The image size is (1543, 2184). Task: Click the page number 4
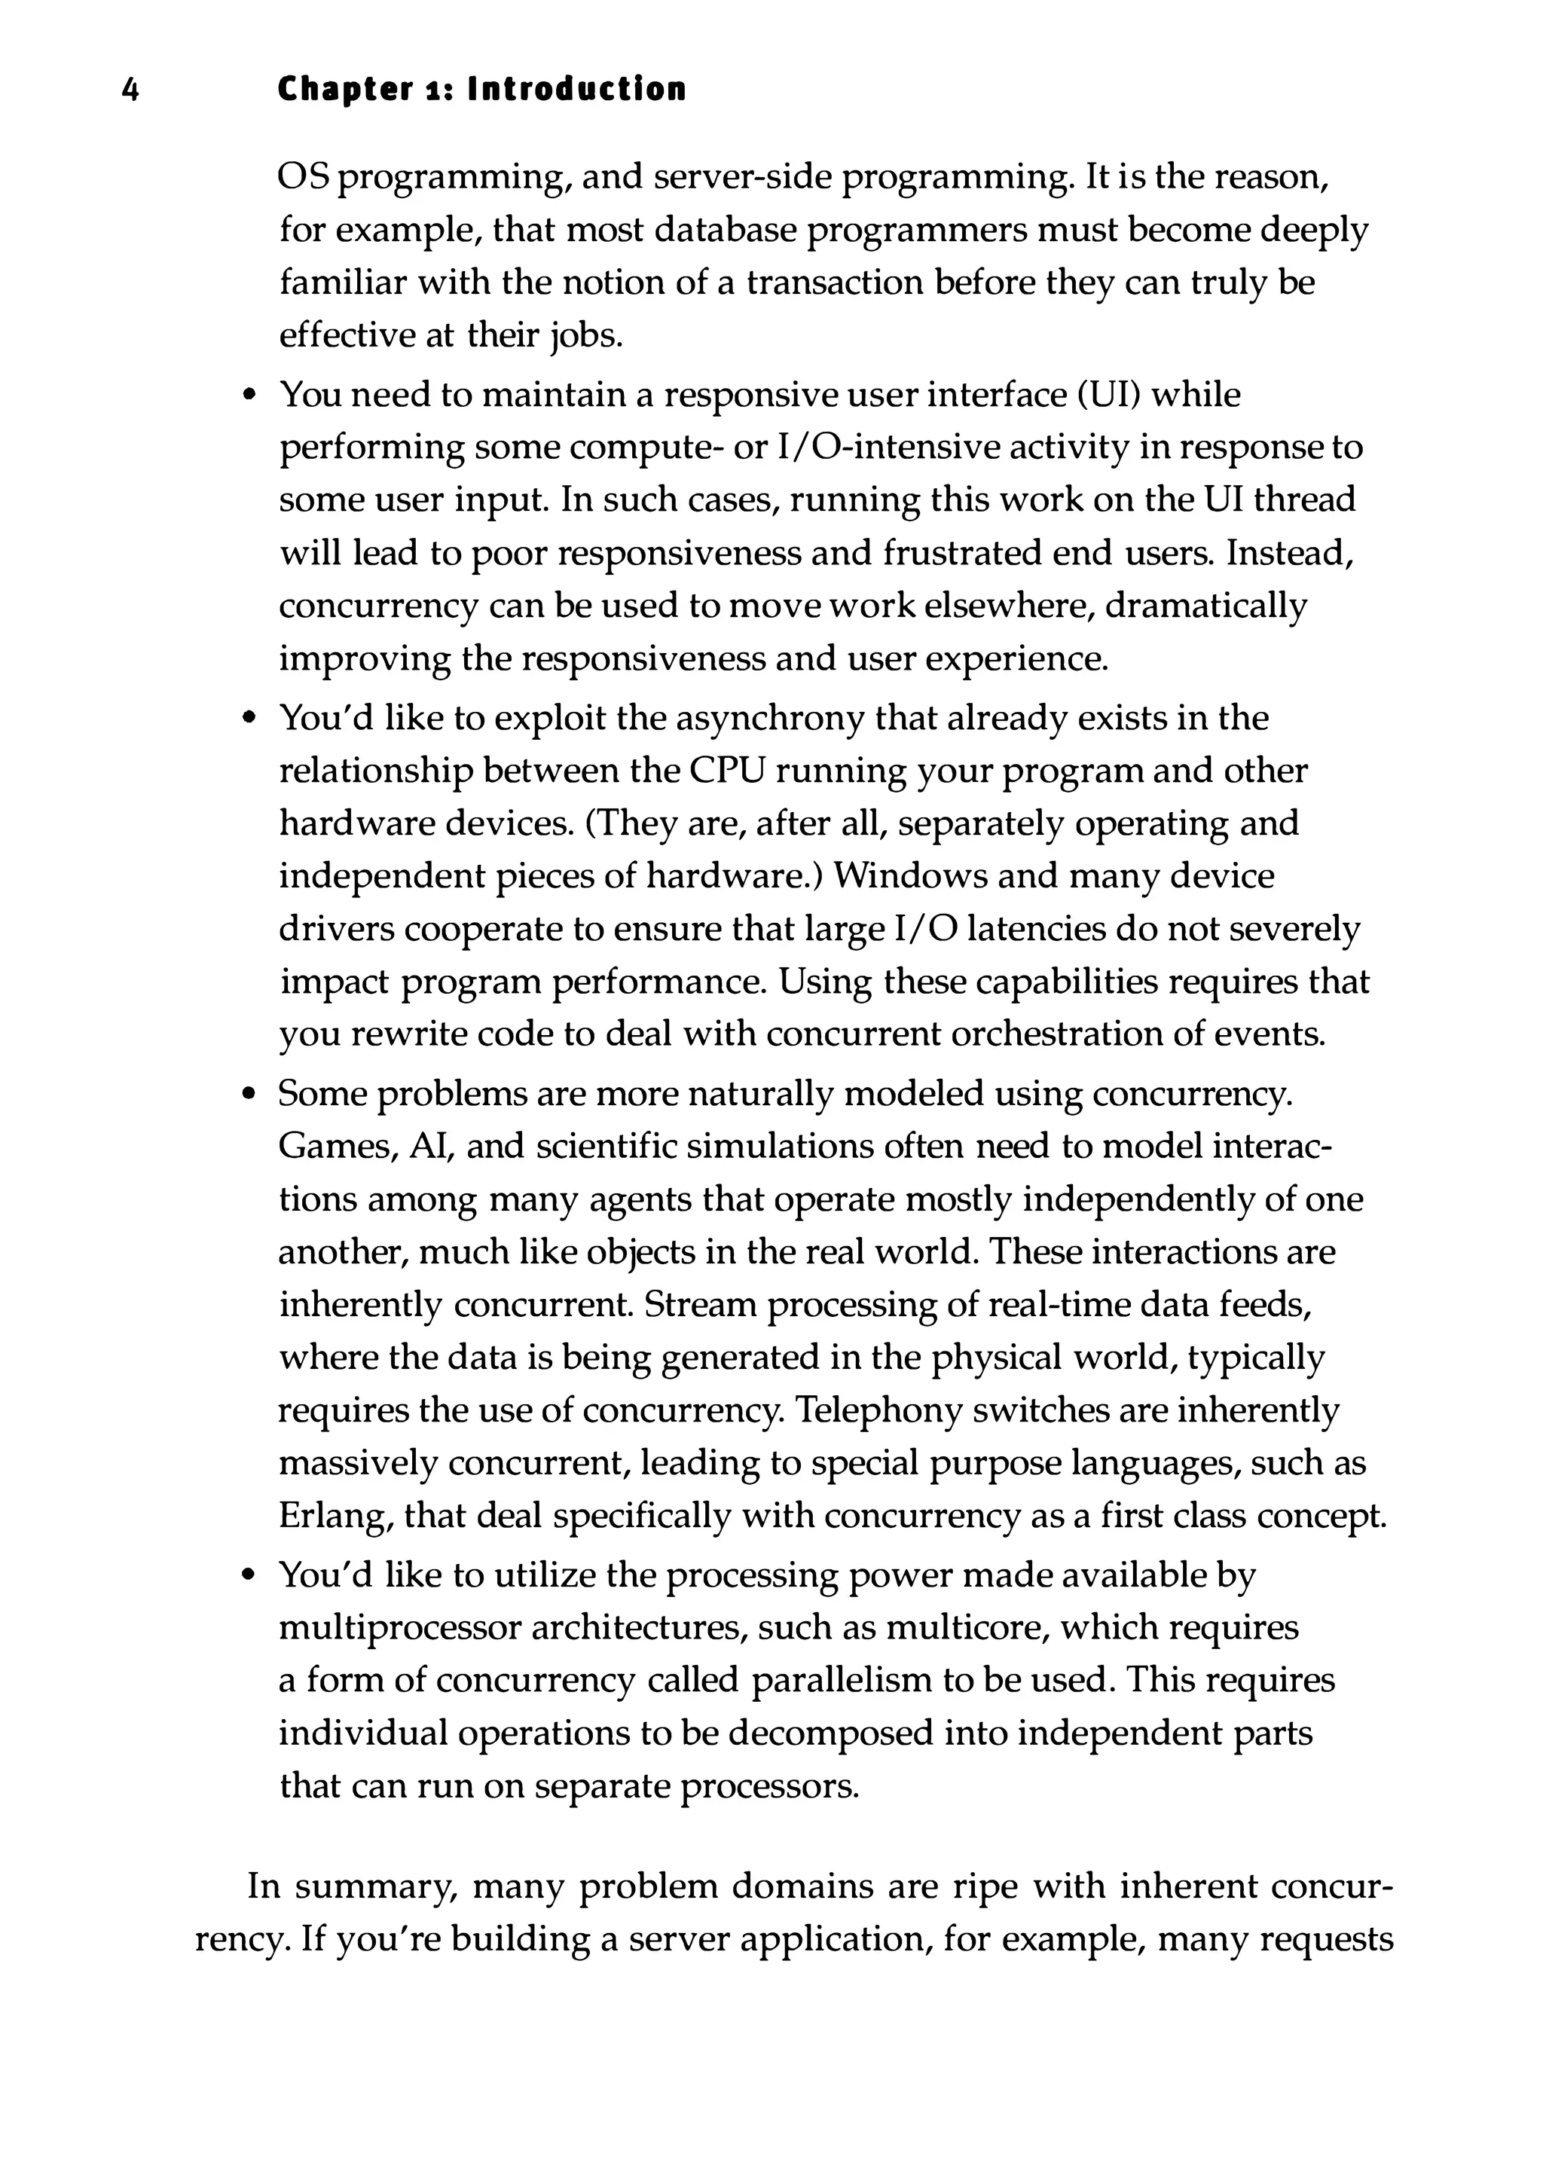click(x=131, y=90)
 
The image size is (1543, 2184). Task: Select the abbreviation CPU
click(x=727, y=771)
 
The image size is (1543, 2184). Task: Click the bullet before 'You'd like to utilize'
click(x=249, y=1576)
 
